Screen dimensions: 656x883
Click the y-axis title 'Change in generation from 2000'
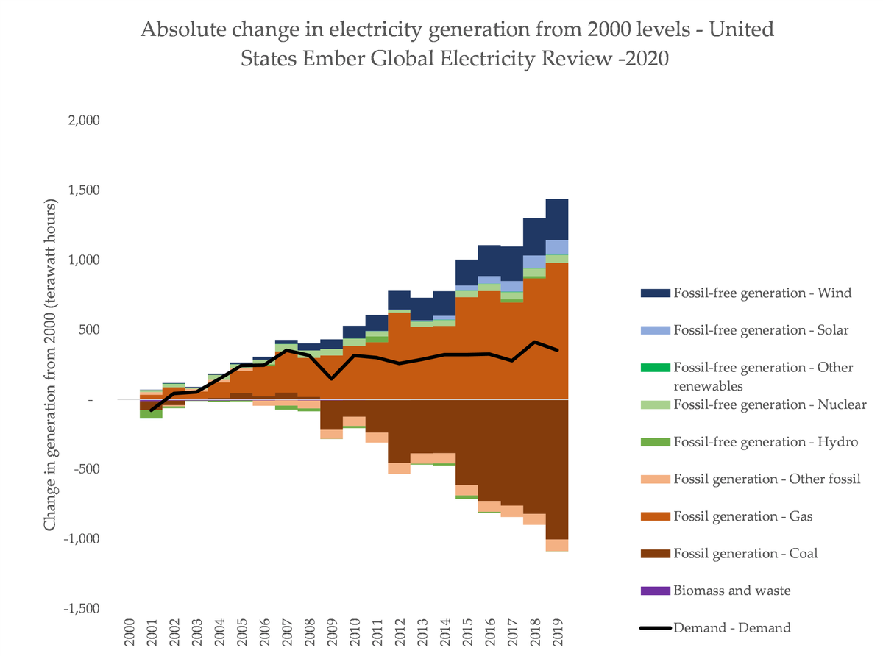pyautogui.click(x=50, y=364)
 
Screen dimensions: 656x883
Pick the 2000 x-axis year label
pyautogui.click(x=130, y=631)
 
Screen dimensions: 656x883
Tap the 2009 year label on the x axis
pyautogui.click(x=332, y=631)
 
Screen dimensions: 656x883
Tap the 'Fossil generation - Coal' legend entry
pyautogui.click(x=745, y=554)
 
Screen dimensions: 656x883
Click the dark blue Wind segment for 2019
pyautogui.click(x=557, y=219)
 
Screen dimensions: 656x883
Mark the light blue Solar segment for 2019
pyautogui.click(x=557, y=247)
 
